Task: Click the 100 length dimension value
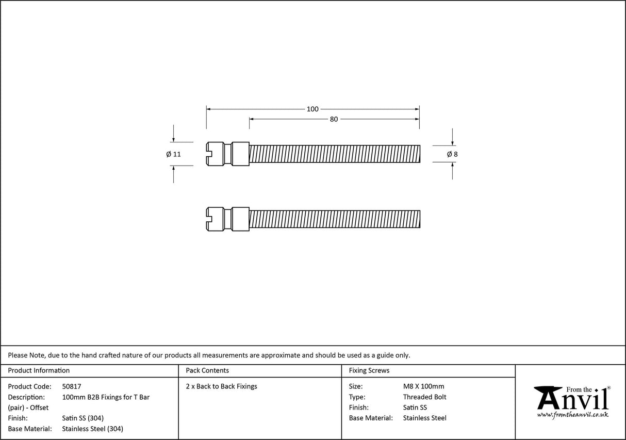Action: tap(312, 109)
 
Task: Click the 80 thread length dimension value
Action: tap(334, 119)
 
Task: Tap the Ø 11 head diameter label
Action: tap(173, 154)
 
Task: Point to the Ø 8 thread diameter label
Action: tap(452, 154)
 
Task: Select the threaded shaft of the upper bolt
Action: tap(334, 154)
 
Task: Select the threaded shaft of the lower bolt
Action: tap(334, 219)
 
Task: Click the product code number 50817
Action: tap(72, 386)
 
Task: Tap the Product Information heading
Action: tap(39, 370)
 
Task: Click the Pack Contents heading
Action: tap(207, 370)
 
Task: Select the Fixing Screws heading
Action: tap(369, 370)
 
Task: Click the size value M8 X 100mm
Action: tap(423, 386)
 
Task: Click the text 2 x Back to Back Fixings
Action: tap(221, 386)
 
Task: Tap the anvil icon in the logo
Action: tap(548, 398)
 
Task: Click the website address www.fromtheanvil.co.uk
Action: tap(572, 415)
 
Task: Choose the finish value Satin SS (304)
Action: tap(83, 418)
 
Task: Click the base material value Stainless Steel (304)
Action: tap(92, 429)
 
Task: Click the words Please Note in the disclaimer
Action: tap(26, 355)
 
